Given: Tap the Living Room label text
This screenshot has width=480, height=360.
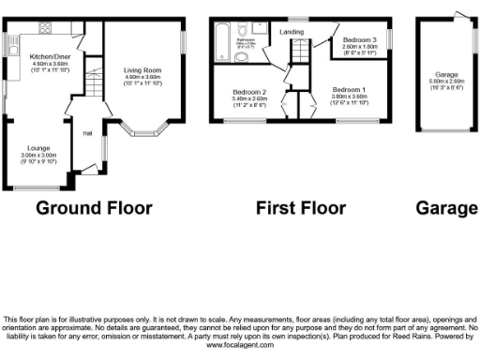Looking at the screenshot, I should point(143,69).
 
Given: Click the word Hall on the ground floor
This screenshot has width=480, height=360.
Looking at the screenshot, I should point(87,132).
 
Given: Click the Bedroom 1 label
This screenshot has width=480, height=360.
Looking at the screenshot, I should point(349,89).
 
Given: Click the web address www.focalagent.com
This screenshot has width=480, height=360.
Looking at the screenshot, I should point(240,345).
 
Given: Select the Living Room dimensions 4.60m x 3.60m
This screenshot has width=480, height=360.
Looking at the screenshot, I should point(143,77).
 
